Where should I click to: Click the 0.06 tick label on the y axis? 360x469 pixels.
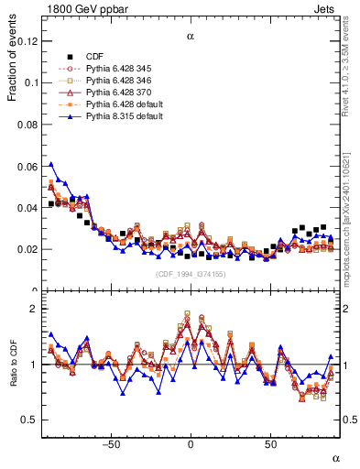27,166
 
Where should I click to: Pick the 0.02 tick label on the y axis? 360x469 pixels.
27,249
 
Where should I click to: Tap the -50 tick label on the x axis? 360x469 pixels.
111,444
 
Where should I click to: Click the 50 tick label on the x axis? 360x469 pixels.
270,444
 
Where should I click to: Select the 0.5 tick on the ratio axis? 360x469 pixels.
28,420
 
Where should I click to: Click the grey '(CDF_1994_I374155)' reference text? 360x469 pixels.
190,275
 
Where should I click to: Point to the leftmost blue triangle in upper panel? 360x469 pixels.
51,165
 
